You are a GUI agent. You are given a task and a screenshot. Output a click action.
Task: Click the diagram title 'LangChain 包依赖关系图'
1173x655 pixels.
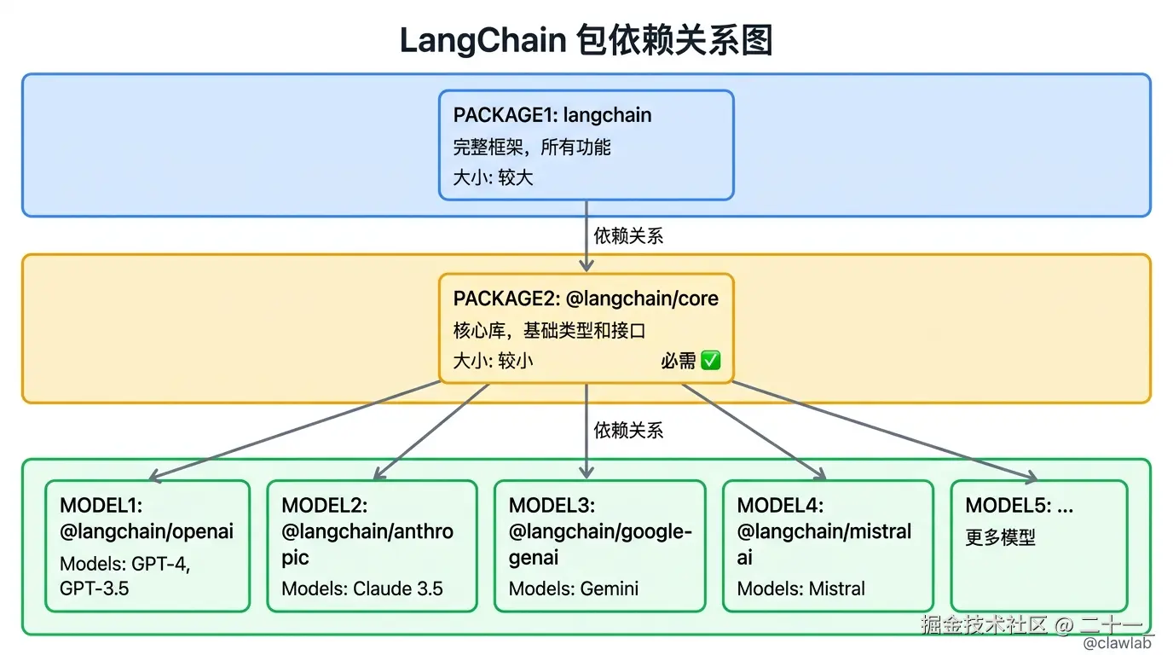pos(586,40)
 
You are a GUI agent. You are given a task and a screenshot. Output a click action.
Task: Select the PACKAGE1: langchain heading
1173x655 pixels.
pos(552,115)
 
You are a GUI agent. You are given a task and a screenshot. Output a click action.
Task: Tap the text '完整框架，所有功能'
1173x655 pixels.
pos(531,147)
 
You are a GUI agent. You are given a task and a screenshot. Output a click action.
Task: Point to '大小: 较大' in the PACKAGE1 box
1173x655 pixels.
pos(493,177)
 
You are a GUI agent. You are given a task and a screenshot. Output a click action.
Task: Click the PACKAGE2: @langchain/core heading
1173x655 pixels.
pos(586,299)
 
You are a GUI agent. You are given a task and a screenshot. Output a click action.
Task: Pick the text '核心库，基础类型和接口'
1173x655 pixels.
pos(549,330)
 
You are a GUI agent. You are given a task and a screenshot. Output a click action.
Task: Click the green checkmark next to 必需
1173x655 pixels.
pos(710,361)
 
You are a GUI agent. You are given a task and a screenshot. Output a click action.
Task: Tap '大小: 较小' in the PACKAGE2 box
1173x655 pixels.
pos(493,361)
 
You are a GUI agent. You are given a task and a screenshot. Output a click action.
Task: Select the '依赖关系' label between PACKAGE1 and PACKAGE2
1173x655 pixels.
pos(628,236)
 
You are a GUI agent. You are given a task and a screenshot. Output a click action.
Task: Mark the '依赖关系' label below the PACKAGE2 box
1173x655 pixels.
pos(628,430)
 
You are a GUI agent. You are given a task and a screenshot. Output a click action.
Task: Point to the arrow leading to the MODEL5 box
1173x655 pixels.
pos(887,431)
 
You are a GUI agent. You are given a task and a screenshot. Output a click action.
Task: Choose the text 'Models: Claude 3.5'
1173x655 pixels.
pos(362,588)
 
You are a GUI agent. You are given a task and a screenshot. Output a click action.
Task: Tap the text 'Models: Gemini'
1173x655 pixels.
pos(573,588)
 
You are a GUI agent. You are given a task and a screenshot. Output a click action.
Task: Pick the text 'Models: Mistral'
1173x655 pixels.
pos(800,588)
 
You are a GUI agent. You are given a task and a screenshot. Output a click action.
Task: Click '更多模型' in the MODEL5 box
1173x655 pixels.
pos(1000,538)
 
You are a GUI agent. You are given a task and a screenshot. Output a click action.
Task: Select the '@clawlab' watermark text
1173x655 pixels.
pos(1117,643)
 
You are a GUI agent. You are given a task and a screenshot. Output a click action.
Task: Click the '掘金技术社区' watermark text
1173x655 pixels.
pos(983,624)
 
